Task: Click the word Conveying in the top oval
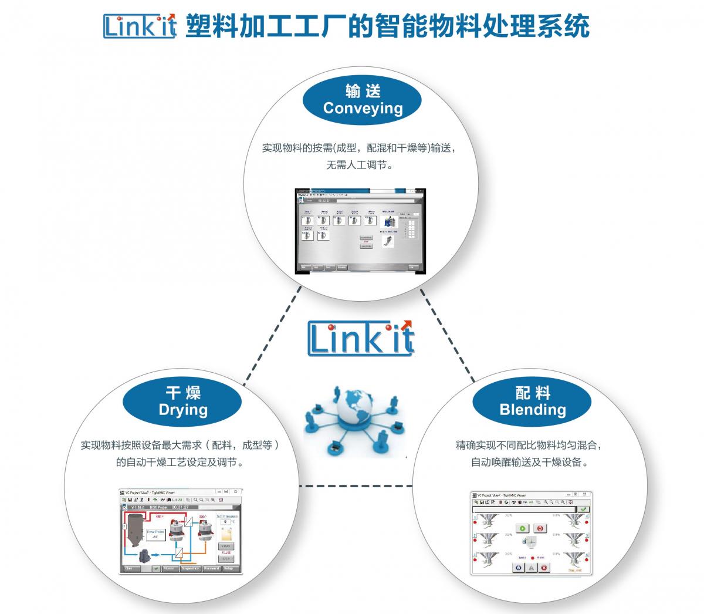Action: point(363,108)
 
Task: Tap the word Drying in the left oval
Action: point(183,409)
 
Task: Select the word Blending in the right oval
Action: point(533,409)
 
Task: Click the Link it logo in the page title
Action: point(140,26)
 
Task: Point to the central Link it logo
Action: point(360,339)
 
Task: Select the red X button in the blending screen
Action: point(544,568)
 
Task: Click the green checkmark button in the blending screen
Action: point(583,510)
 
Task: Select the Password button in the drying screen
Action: point(211,568)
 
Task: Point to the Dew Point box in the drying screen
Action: point(155,534)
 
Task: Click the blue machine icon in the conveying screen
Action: point(387,222)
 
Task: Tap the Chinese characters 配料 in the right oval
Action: point(533,392)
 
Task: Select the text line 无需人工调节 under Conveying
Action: point(359,165)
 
